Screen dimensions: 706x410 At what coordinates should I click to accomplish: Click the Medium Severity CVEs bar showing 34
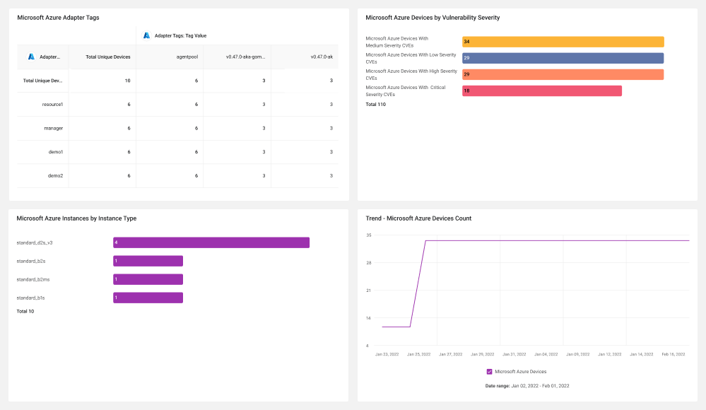pos(563,42)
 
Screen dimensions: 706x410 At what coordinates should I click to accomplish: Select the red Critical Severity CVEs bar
pos(542,90)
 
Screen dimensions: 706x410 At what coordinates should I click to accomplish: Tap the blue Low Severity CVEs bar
pos(563,58)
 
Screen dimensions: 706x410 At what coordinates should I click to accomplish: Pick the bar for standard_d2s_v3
pos(211,242)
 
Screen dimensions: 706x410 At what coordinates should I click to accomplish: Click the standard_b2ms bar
pos(148,279)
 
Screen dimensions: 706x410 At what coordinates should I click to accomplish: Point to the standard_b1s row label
pos(30,298)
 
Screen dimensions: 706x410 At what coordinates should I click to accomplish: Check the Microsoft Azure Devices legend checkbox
pos(490,372)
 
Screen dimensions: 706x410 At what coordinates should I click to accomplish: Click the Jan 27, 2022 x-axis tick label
pos(451,354)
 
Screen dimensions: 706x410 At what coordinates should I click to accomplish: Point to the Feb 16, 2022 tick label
pos(673,354)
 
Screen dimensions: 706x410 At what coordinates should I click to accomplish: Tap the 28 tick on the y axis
pos(369,263)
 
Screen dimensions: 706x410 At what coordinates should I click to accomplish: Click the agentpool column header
pos(187,57)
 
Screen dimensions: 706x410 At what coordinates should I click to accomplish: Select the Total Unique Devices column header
pos(108,57)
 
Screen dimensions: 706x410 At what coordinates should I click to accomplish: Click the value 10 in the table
pos(127,81)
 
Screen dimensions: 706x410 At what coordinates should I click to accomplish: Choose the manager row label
pos(54,129)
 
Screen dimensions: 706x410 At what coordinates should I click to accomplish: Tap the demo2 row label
pos(55,176)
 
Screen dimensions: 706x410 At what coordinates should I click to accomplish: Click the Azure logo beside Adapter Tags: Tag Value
pos(146,35)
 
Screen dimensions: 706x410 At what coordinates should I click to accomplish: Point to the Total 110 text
pos(375,104)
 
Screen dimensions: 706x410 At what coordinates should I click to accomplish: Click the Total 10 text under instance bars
pos(25,311)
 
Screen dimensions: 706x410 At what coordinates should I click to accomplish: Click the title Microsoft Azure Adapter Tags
pos(58,18)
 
